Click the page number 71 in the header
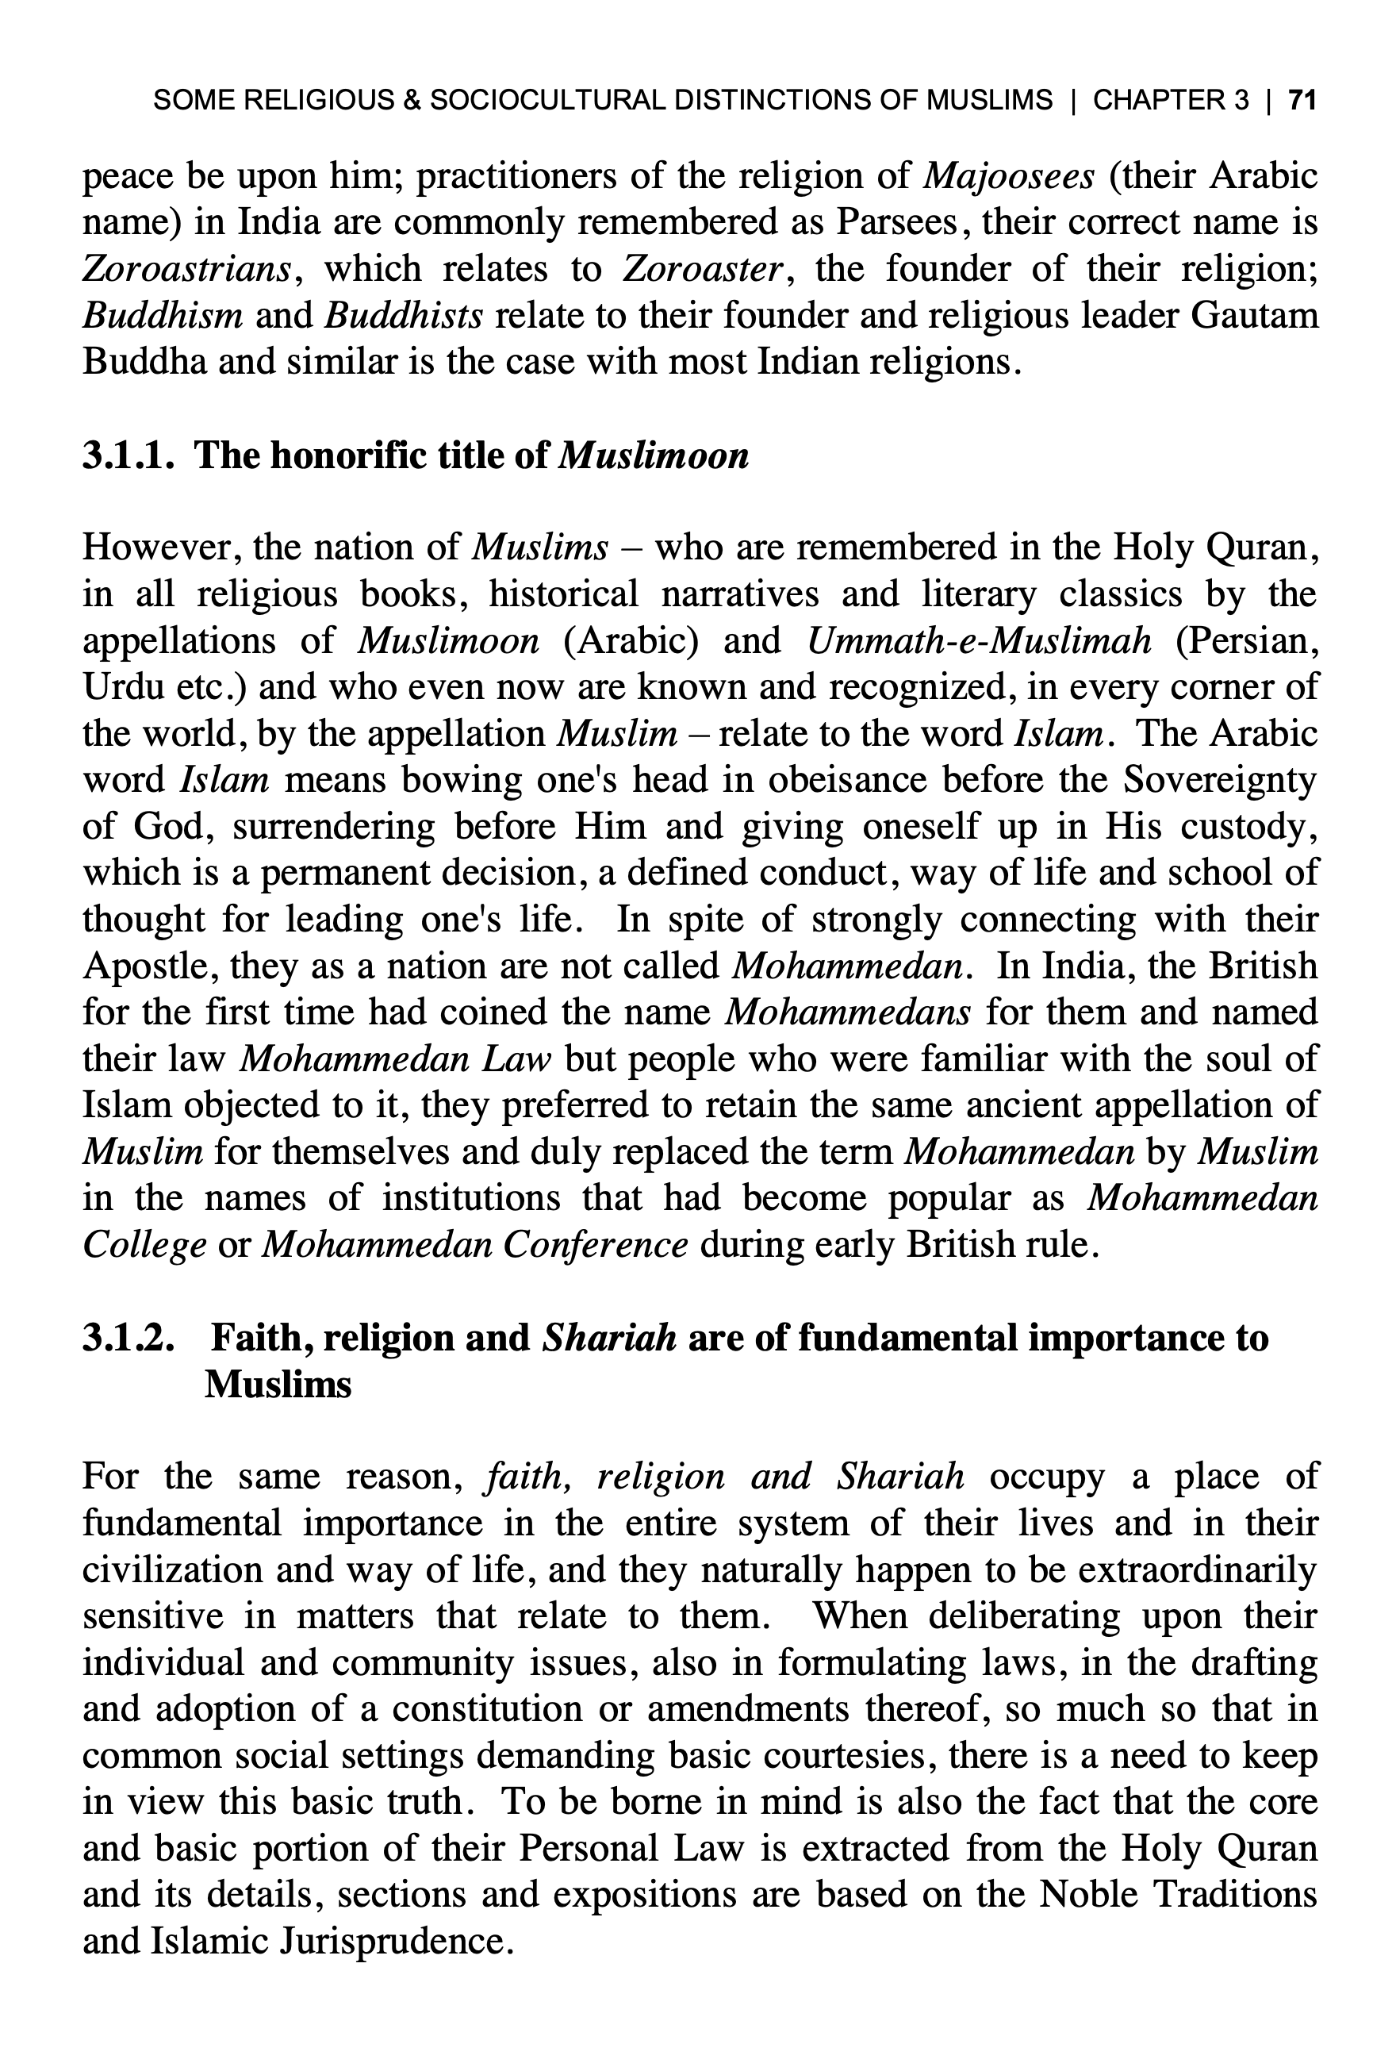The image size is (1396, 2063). tap(1301, 99)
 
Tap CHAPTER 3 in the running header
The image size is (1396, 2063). tap(1170, 99)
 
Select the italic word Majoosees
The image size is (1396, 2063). tap(1008, 176)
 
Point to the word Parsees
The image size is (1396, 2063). tap(896, 222)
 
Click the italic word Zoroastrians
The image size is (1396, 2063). tap(186, 268)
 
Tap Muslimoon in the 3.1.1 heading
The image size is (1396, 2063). tap(656, 455)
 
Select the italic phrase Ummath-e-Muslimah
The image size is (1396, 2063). tap(980, 640)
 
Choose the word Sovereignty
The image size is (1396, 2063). tap(1220, 779)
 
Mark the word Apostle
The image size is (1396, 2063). tap(144, 965)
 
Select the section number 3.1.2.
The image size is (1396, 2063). tap(128, 1338)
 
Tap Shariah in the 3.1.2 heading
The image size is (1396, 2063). tap(609, 1338)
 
